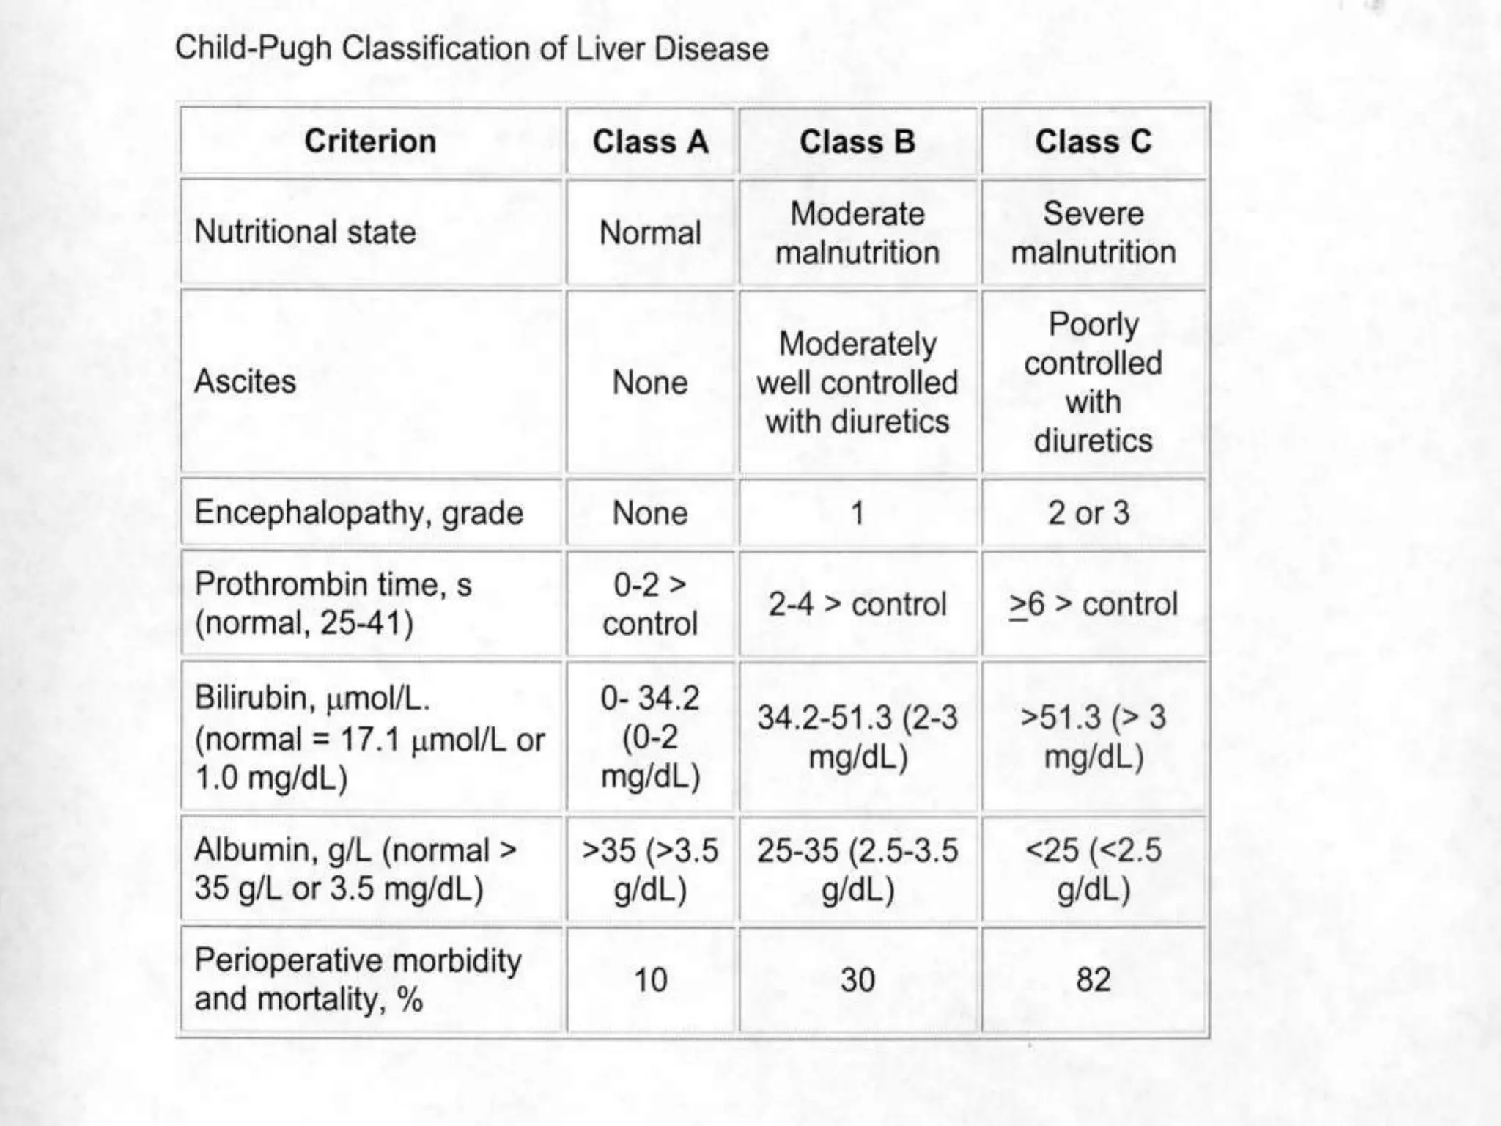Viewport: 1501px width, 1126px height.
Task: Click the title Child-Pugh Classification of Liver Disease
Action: pos(472,49)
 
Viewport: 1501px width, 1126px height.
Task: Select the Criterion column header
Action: pos(370,141)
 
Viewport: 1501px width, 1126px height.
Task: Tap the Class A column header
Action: pos(650,141)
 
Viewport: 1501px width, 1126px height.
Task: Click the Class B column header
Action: pos(858,141)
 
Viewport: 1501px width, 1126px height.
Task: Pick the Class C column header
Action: pos(1093,141)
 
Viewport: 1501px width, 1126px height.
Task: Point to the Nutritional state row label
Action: pos(305,232)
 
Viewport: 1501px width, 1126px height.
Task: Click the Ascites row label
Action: pos(246,382)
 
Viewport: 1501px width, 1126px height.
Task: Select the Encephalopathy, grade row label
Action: pos(358,512)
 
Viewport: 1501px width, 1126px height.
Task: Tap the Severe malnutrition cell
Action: pos(1093,233)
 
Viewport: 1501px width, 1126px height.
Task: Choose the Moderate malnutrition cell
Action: pos(858,233)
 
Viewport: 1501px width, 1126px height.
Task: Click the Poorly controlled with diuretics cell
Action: pos(1093,382)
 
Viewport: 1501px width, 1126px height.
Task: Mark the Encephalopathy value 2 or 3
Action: pos(1088,512)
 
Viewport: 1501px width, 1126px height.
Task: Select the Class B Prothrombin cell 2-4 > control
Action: pos(858,605)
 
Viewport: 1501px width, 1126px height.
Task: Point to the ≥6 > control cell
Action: pos(1093,605)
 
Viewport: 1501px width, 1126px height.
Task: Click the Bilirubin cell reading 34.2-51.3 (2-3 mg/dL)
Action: pos(858,737)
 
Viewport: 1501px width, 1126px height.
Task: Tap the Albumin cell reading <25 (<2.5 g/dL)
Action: pos(1093,869)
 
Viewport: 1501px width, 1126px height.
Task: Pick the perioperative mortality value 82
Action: pos(1093,980)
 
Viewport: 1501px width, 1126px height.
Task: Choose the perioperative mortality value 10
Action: pos(650,980)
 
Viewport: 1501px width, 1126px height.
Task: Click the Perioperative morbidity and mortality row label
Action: pos(358,980)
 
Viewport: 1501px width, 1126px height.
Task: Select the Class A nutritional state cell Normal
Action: pos(650,233)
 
